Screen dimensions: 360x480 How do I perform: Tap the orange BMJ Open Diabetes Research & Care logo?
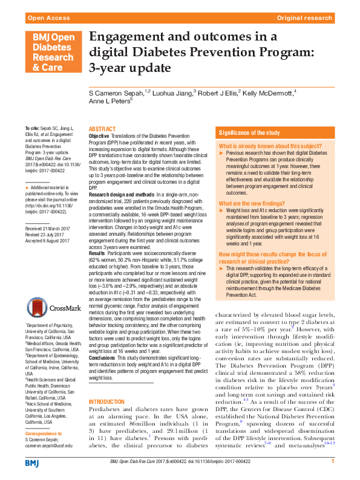52,53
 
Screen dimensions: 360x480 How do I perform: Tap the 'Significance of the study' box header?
249,132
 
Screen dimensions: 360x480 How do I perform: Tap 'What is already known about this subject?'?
262,146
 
